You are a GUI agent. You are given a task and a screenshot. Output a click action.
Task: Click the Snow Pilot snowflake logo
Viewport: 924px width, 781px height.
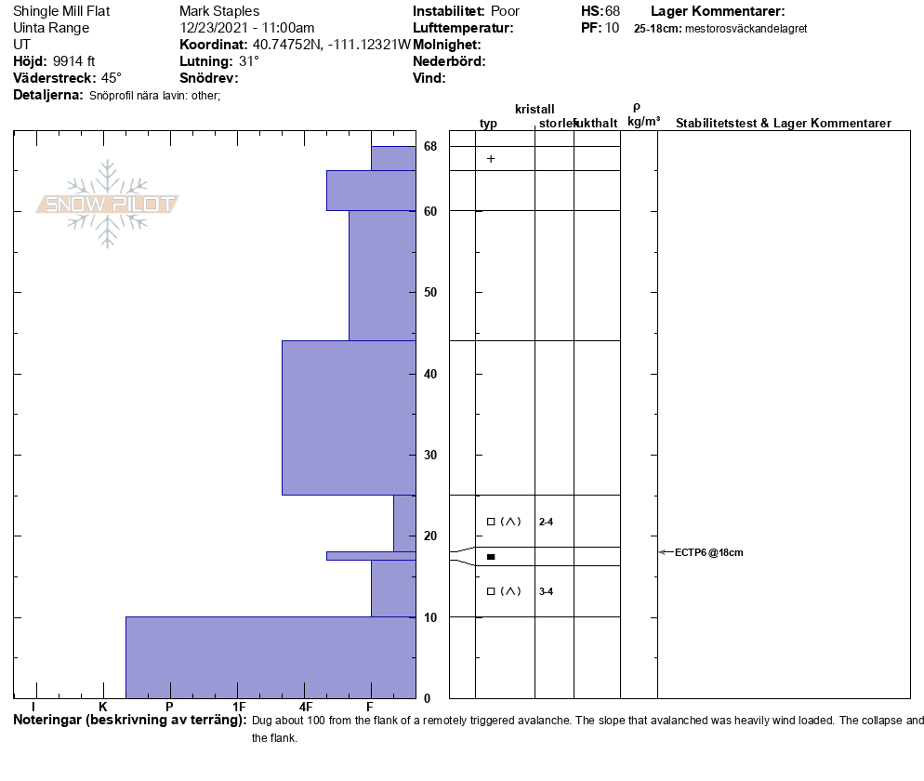107,204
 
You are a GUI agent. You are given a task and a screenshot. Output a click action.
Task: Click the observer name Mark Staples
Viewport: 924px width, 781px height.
219,11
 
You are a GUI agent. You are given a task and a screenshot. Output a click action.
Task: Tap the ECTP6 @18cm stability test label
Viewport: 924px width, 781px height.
709,552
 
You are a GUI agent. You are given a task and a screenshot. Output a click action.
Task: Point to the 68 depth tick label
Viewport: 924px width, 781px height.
430,146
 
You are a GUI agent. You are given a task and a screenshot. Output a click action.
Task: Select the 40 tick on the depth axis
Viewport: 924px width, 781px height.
430,374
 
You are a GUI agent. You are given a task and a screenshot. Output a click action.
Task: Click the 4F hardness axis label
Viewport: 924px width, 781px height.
305,707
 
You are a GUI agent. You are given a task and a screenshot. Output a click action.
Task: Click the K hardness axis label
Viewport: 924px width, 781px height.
103,707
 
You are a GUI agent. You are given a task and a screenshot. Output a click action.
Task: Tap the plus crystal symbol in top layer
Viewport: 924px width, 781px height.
491,159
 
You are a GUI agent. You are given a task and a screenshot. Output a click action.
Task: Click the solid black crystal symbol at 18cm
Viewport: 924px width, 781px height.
491,556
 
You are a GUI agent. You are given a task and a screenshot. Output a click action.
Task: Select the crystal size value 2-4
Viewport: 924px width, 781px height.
546,522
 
